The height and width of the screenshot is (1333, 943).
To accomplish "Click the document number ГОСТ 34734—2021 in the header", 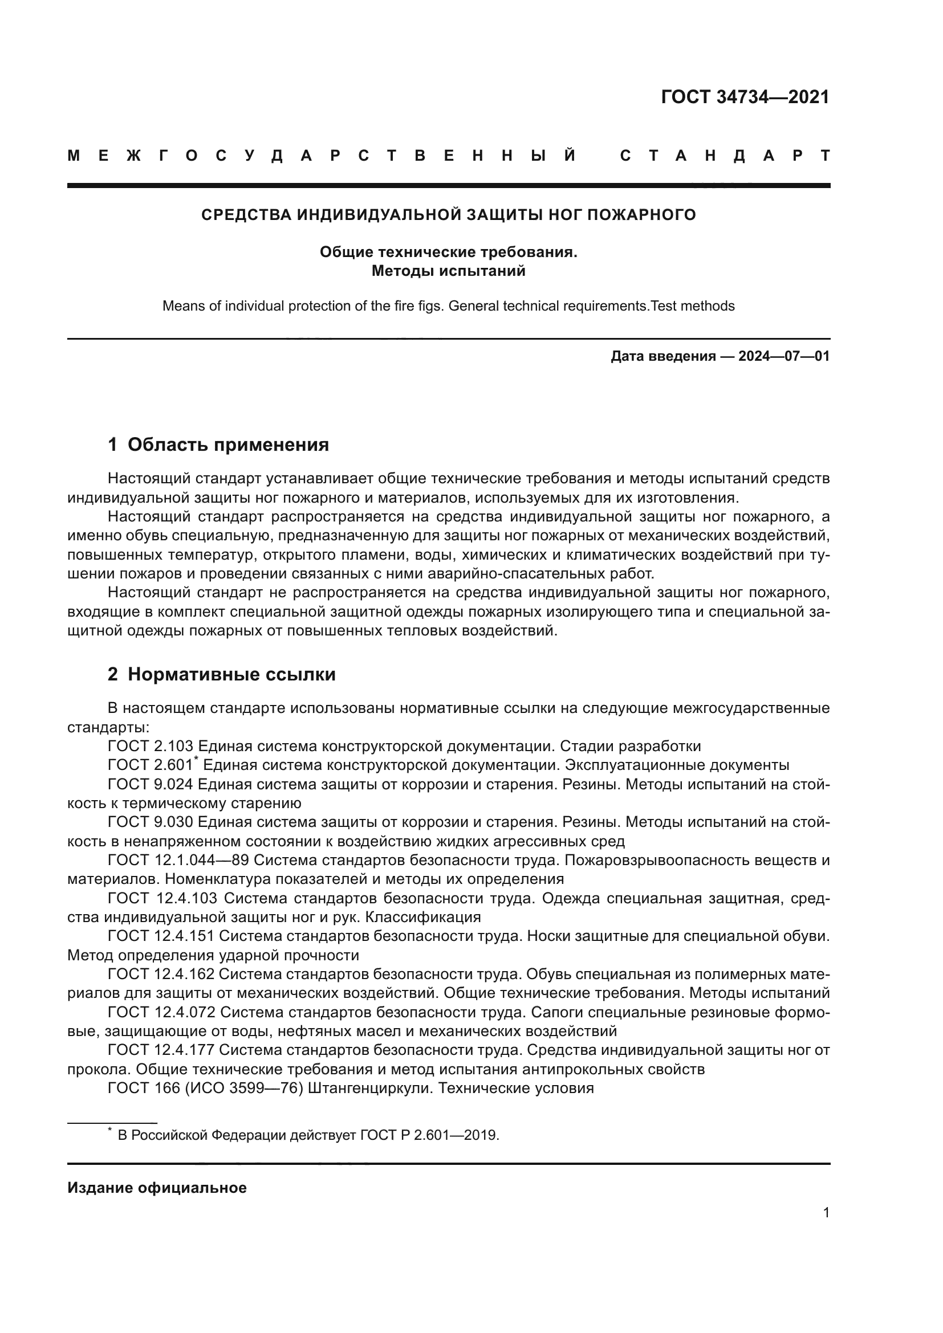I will [745, 97].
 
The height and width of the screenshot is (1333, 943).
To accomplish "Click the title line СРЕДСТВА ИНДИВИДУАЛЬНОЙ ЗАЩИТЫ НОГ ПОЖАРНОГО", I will [448, 215].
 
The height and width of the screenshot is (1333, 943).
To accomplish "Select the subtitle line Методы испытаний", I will [448, 271].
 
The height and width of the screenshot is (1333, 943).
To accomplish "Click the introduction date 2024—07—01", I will [784, 356].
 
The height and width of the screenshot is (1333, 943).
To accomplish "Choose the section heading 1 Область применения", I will [218, 445].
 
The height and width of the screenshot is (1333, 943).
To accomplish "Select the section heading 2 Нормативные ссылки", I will [222, 675].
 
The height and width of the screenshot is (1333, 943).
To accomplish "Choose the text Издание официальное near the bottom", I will [157, 1188].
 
